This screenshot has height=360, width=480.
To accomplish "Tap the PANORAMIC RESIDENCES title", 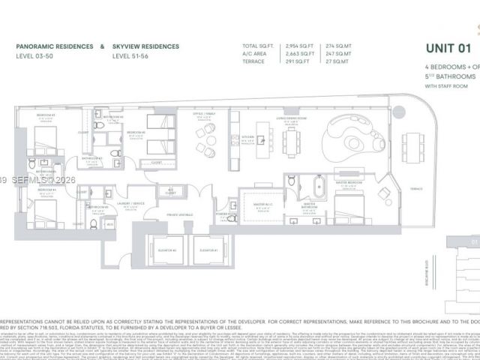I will pyautogui.click(x=55, y=46).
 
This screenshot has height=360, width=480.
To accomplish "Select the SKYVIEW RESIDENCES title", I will pyautogui.click(x=145, y=46).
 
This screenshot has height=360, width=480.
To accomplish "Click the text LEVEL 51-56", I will pyautogui.click(x=130, y=56).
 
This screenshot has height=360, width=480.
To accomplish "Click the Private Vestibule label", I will pyautogui.click(x=184, y=214).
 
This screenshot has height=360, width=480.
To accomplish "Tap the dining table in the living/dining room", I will pyautogui.click(x=292, y=138).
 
